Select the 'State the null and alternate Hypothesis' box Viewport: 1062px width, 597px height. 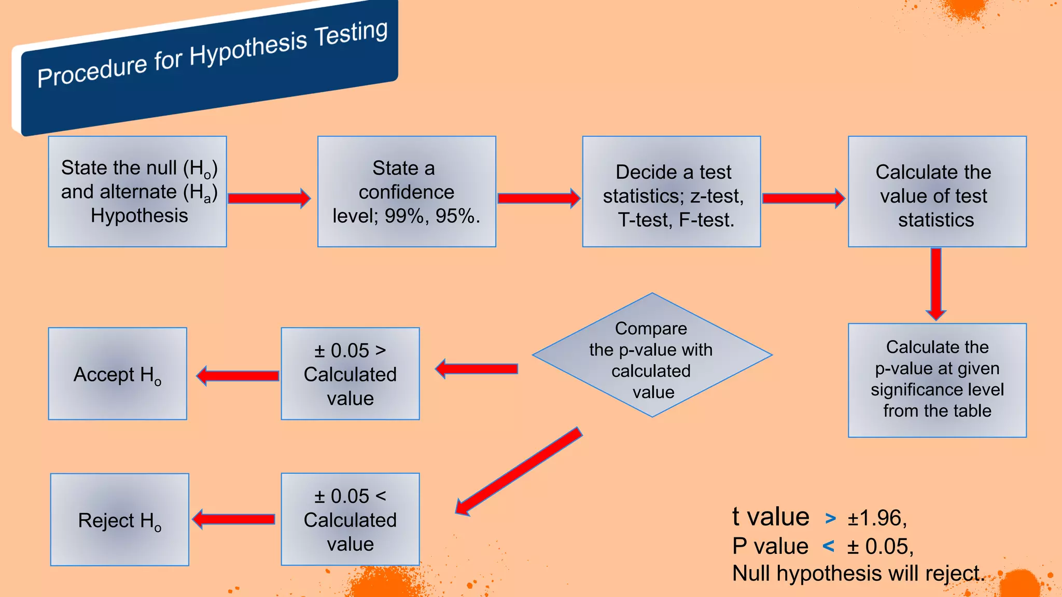(137, 191)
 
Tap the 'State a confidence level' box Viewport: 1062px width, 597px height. (407, 191)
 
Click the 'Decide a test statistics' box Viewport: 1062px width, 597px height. (672, 191)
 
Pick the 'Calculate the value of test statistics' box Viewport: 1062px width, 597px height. (937, 191)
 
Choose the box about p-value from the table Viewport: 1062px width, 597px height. (937, 380)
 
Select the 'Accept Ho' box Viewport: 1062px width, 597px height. (118, 374)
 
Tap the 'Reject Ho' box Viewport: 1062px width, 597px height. (120, 519)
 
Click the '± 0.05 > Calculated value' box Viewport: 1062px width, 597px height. (350, 374)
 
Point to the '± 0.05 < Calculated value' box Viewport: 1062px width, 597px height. (350, 519)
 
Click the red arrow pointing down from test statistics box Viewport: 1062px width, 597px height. (936, 283)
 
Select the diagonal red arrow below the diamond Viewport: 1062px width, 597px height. (519, 471)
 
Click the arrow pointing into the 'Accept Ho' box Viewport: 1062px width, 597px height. (238, 376)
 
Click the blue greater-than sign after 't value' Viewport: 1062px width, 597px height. (830, 518)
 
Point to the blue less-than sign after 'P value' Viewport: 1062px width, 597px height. (829, 546)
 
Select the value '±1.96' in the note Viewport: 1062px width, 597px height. (876, 518)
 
